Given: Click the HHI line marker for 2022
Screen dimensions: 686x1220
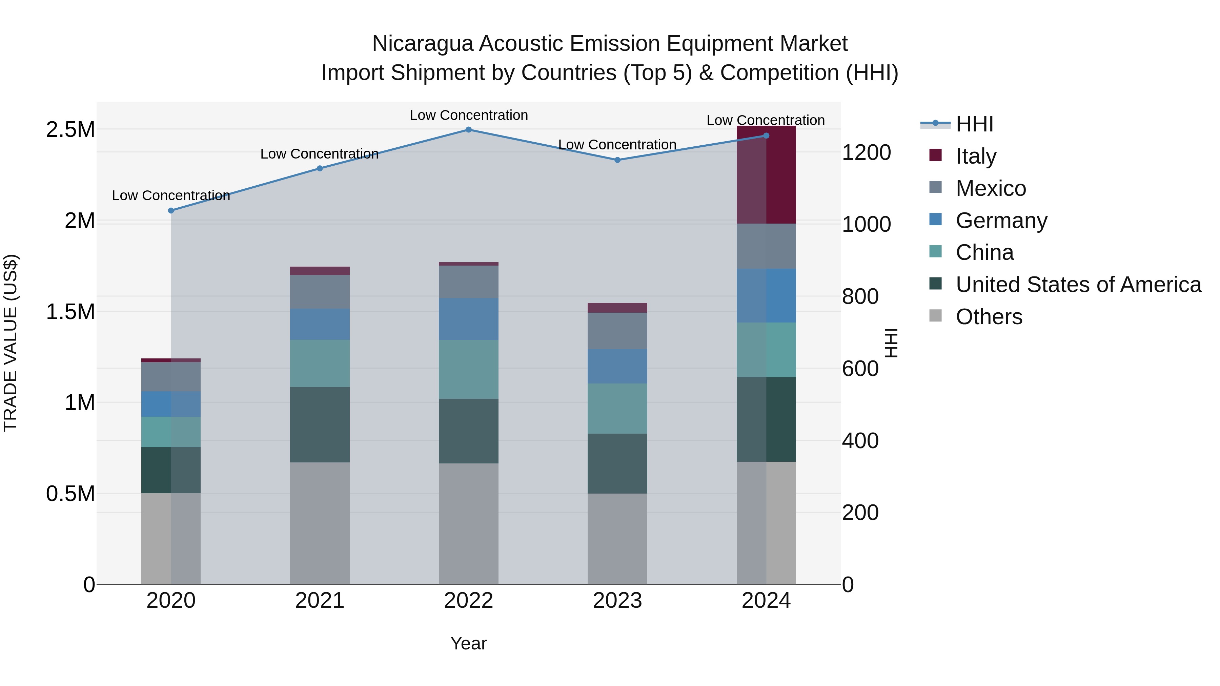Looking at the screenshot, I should [468, 130].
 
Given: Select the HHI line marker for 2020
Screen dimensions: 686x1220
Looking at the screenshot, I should [171, 211].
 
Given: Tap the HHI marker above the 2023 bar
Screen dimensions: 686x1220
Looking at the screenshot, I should [617, 160].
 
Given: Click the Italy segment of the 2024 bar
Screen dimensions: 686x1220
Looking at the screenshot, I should [766, 175].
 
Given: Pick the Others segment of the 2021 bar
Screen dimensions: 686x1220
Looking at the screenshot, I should [320, 523].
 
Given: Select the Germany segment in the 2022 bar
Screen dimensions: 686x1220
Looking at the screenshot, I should [468, 319].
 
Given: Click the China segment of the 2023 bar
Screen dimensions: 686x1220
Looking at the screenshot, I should [617, 409].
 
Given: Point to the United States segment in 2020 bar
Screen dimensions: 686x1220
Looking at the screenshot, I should [171, 470].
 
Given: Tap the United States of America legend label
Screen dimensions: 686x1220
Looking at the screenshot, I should [1078, 285].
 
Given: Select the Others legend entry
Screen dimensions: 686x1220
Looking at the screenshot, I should [989, 317].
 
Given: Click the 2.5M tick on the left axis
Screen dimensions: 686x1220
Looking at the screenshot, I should [70, 130].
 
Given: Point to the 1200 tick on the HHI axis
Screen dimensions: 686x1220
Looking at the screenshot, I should [866, 152].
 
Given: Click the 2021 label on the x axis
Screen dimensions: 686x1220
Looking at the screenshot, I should [320, 601].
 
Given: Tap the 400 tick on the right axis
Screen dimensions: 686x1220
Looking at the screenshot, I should [860, 441].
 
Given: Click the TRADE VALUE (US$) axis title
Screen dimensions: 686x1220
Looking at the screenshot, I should [11, 343].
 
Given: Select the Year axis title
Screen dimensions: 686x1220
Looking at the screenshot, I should [468, 643].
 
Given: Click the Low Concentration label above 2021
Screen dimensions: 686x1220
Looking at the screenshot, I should [319, 154].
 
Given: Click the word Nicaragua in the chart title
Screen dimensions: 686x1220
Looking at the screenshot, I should [422, 44].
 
